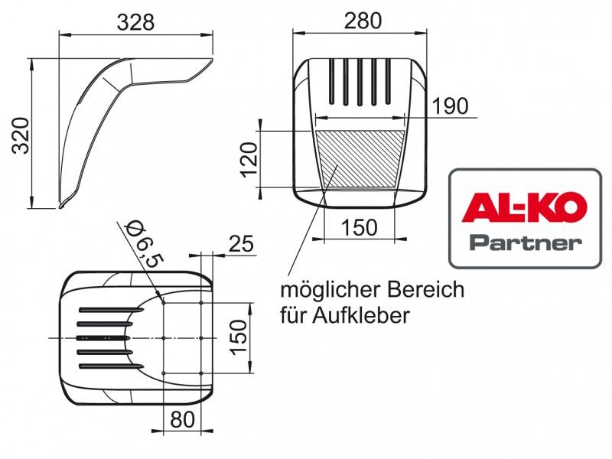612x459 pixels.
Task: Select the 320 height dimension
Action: (21, 135)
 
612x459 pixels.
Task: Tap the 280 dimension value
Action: (363, 21)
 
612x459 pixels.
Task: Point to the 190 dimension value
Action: (450, 106)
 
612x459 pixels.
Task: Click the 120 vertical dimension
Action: (250, 160)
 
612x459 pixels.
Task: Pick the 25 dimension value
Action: (241, 243)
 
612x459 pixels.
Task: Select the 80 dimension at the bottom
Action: (182, 419)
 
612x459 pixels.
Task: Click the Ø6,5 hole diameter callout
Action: (143, 245)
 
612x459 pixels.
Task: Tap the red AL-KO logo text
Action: (525, 207)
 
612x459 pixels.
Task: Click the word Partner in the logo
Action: (526, 243)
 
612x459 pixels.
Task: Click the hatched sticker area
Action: (360, 158)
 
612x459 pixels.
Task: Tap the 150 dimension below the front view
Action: (359, 227)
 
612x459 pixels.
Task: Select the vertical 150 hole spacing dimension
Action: (239, 337)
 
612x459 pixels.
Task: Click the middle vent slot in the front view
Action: (360, 82)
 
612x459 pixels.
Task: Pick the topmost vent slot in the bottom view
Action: (111, 310)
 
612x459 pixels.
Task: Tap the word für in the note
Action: (293, 315)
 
